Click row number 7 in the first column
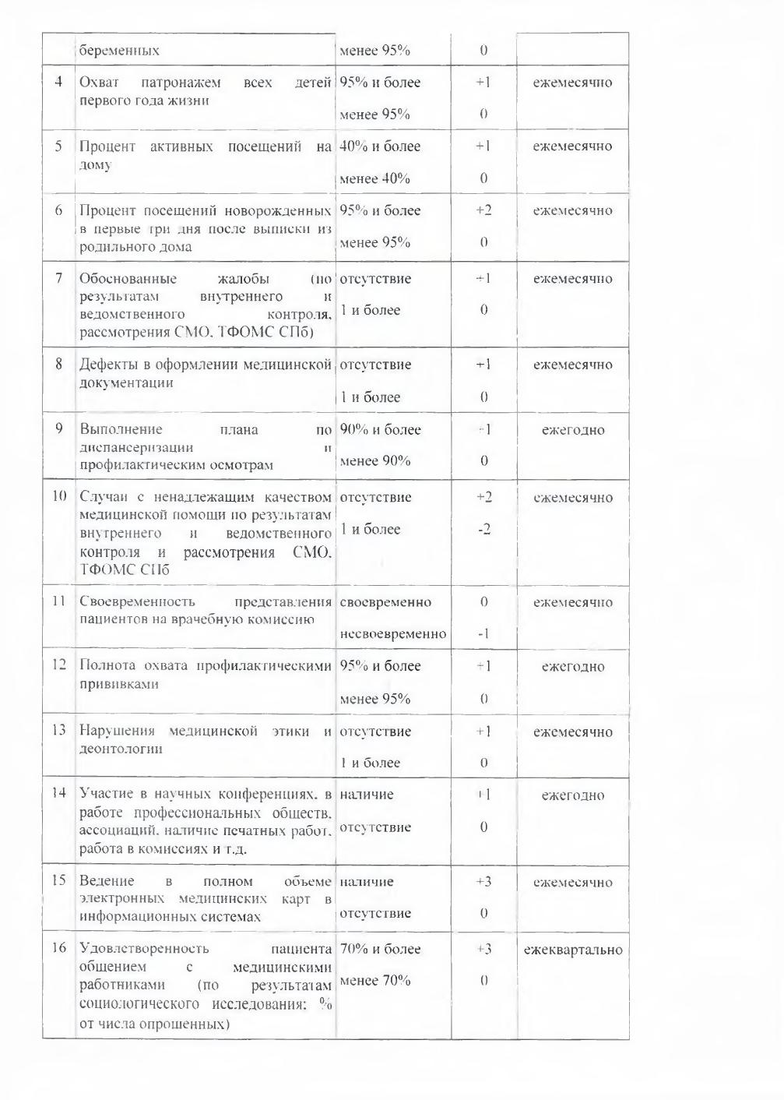[58, 278]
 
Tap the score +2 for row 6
[483, 210]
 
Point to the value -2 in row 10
[483, 530]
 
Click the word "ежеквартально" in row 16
[573, 950]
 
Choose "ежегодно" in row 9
[573, 430]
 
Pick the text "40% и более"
[380, 146]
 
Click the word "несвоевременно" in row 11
[393, 634]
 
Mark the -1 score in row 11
[483, 634]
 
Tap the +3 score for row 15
[483, 882]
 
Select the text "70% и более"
[380, 949]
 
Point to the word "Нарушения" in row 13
[117, 731]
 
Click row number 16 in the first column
[59, 948]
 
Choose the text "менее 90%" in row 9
[375, 461]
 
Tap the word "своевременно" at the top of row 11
[385, 602]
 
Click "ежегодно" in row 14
[573, 795]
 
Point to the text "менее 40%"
[375, 178]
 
